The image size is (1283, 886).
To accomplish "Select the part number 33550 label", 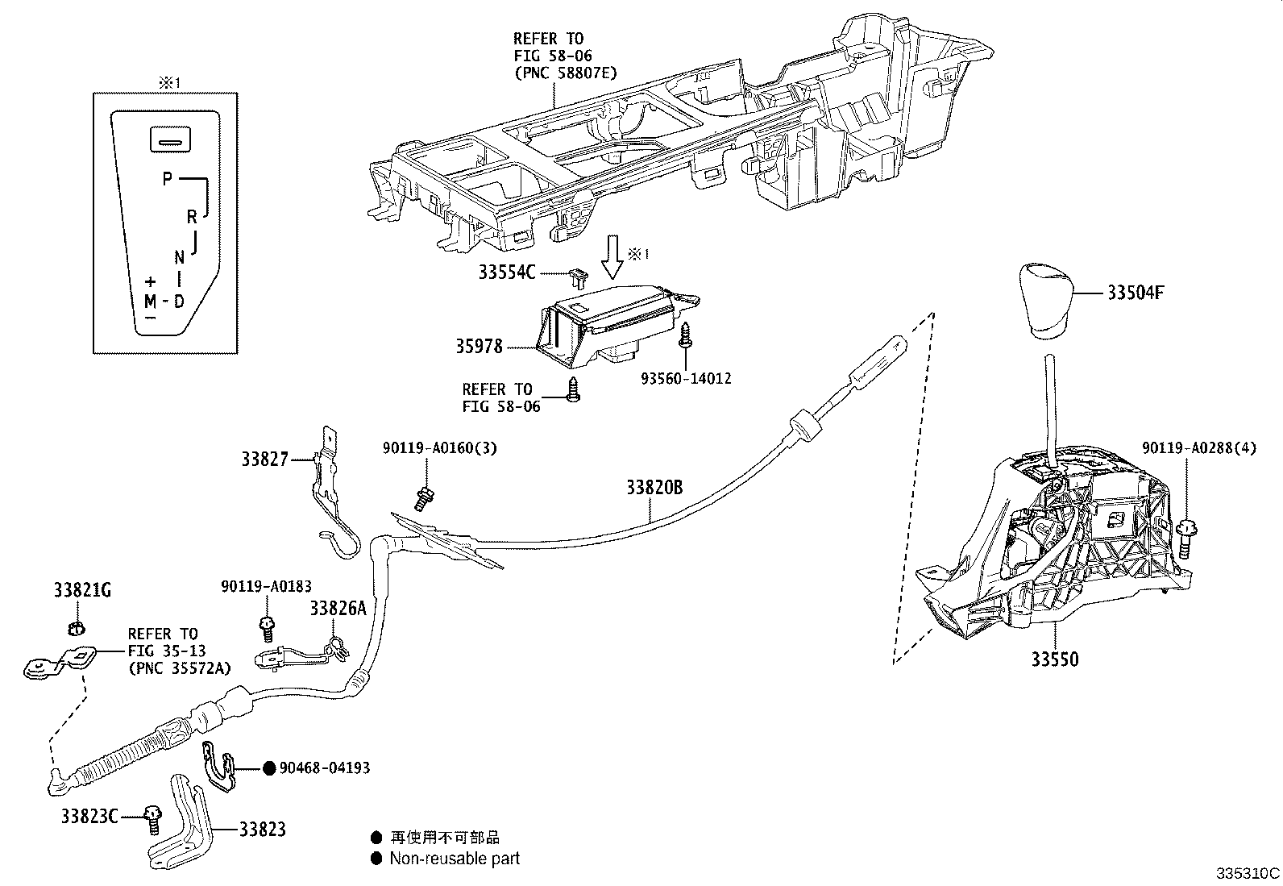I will pyautogui.click(x=1054, y=659).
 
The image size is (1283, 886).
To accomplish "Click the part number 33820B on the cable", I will pyautogui.click(x=654, y=488).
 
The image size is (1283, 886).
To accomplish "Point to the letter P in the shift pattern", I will pyautogui.click(x=167, y=178).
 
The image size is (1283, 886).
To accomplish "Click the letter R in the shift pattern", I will pyautogui.click(x=192, y=216).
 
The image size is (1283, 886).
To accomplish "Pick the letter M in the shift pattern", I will pyautogui.click(x=150, y=302).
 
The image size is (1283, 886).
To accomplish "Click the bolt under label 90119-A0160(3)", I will pyautogui.click(x=423, y=498).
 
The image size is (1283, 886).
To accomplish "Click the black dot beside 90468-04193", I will pyautogui.click(x=269, y=767).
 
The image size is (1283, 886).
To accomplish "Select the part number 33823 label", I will pyautogui.click(x=262, y=829).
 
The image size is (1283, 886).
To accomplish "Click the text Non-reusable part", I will pyautogui.click(x=455, y=859).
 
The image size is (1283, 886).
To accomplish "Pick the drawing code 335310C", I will pyautogui.click(x=1248, y=874).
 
